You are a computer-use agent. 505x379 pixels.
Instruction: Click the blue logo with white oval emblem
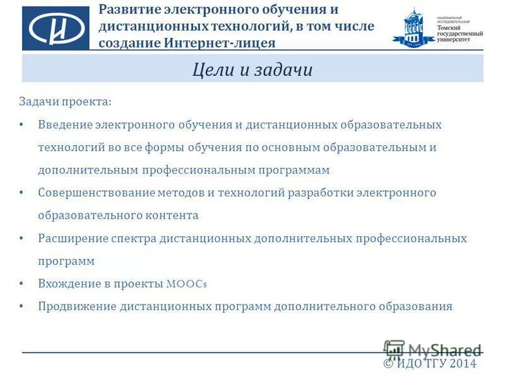coord(56,28)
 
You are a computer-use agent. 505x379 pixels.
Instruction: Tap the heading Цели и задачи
coord(252,69)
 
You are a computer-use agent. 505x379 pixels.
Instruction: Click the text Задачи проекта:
coord(65,101)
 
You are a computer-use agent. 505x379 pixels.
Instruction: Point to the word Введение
coord(65,124)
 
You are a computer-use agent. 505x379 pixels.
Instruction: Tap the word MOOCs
coord(187,284)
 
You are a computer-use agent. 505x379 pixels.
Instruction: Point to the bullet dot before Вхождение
coord(22,284)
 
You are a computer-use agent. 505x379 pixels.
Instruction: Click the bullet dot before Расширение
coord(22,238)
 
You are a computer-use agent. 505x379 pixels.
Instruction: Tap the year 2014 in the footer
coord(463,364)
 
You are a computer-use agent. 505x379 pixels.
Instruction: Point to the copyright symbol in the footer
coord(389,364)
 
